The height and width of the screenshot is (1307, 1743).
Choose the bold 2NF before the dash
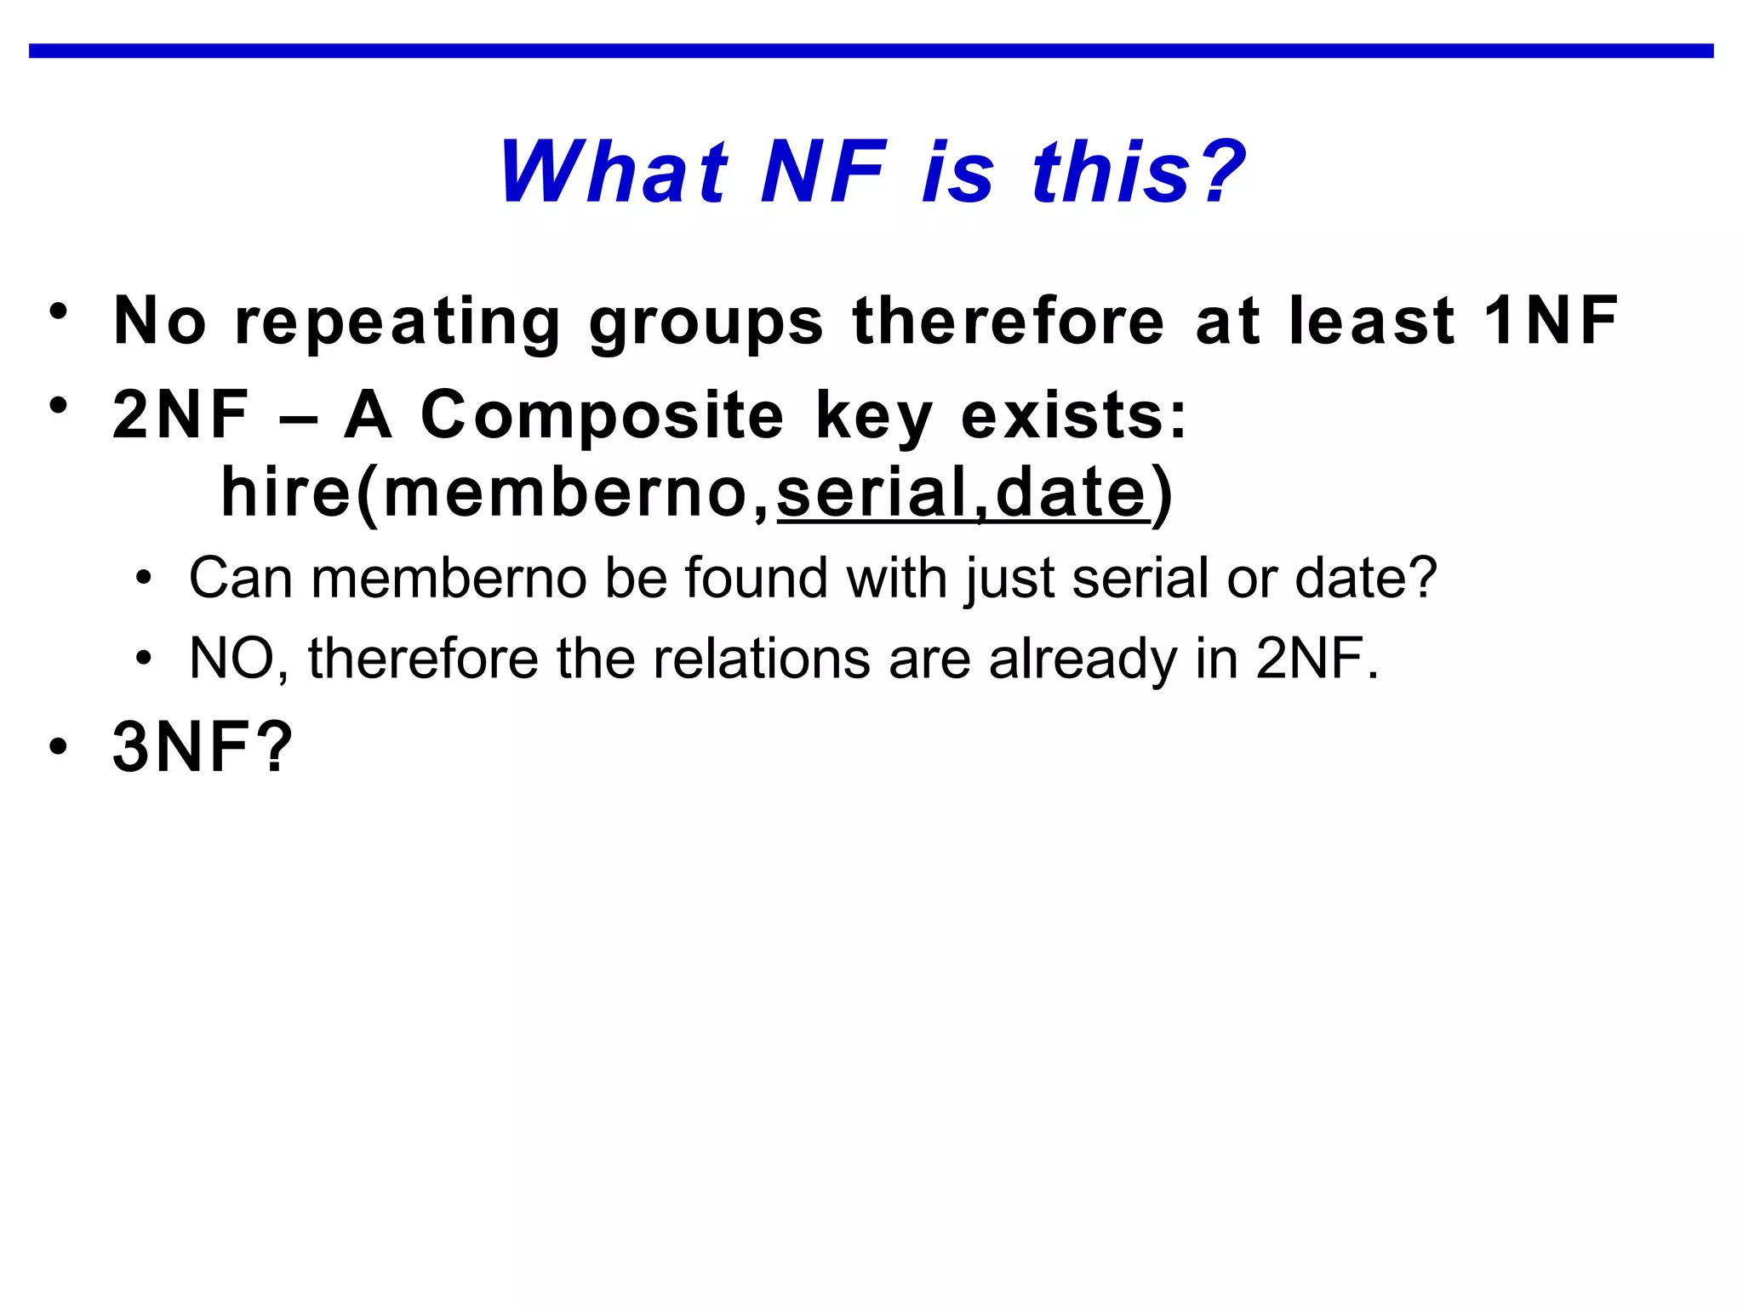tap(180, 414)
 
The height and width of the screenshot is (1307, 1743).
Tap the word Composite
tap(602, 416)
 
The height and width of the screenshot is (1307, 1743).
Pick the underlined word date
tap(1071, 493)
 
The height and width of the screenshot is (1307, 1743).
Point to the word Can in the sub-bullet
tap(240, 578)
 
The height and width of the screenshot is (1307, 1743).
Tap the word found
tap(756, 578)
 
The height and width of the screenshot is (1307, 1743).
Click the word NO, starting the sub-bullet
tap(238, 659)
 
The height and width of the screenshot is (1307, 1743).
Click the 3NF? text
tap(203, 746)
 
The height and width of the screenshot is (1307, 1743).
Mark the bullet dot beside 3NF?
tap(58, 747)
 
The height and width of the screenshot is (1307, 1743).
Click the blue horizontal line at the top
tap(871, 51)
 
